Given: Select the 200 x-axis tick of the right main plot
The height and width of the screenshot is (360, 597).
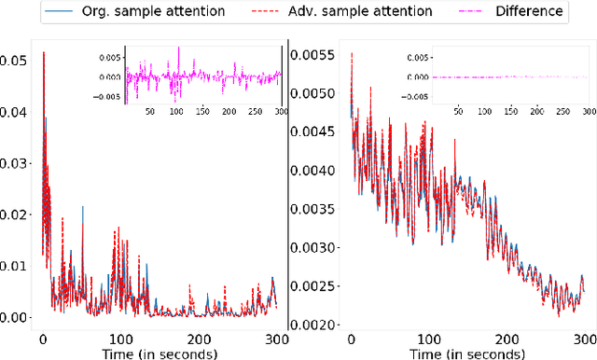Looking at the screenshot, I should (x=505, y=339).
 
